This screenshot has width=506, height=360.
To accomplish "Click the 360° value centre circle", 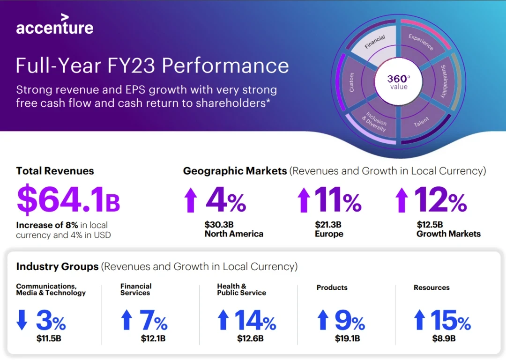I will [x=398, y=82].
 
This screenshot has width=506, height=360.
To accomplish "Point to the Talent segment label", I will [x=422, y=123].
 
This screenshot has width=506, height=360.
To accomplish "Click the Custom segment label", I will [x=352, y=82].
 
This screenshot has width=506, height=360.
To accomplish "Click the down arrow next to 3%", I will [x=22, y=320].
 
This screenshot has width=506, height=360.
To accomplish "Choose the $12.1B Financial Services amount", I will [x=153, y=338].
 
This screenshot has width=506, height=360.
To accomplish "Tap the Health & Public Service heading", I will [x=241, y=289].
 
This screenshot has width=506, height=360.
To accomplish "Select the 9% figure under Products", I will [x=350, y=321].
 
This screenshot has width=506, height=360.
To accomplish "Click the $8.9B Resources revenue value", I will [x=444, y=338].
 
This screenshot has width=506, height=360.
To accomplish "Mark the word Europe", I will [x=329, y=234].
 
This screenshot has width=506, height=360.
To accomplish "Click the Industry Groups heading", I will [x=57, y=266].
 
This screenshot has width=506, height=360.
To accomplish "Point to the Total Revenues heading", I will [x=55, y=171].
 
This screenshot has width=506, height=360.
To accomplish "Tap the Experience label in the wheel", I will [x=421, y=43].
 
